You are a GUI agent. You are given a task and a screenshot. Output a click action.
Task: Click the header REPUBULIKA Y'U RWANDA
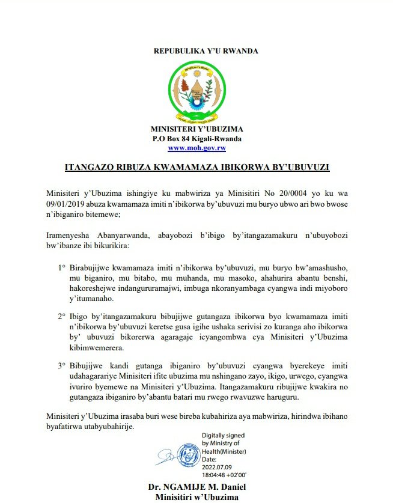pos(197,50)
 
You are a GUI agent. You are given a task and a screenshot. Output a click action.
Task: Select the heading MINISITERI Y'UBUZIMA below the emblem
pos(196,129)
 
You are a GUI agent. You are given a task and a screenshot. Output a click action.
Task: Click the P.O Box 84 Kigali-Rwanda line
pos(196,139)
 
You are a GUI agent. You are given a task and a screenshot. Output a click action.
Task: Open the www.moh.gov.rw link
pos(196,148)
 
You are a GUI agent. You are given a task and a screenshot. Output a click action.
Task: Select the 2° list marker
pos(62,316)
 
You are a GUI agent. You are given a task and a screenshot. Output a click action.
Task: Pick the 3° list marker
pos(62,364)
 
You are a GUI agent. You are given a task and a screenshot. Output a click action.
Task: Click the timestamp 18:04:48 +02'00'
pos(231,473)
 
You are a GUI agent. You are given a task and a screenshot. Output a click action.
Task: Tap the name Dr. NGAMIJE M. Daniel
pos(196,487)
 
